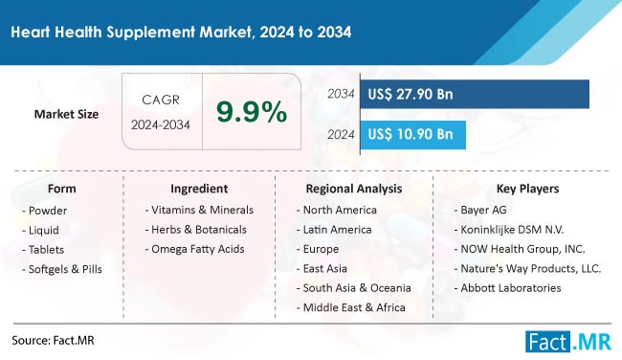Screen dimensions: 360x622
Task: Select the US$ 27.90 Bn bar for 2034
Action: (x=474, y=94)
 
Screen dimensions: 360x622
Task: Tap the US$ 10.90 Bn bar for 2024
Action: (x=413, y=135)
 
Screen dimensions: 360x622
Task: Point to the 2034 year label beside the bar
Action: (x=341, y=94)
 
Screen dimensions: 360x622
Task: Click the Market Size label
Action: (x=67, y=115)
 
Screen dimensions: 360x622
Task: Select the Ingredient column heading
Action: (x=199, y=189)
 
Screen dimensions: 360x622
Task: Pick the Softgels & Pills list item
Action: (x=62, y=268)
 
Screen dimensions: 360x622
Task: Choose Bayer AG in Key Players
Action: (x=486, y=210)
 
